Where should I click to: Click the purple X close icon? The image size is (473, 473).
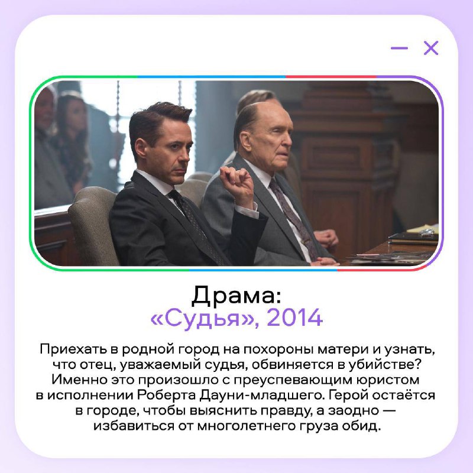click(x=431, y=48)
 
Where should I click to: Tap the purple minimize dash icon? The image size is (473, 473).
click(x=399, y=48)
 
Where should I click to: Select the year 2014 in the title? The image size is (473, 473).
click(x=294, y=318)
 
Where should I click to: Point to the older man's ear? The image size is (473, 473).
click(x=245, y=142)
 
